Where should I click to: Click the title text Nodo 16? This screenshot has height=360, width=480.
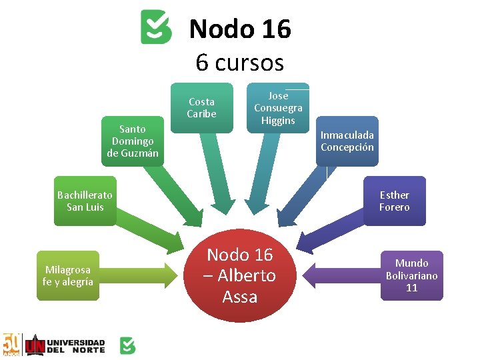point(240,29)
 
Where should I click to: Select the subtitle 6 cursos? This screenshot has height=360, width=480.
point(240,63)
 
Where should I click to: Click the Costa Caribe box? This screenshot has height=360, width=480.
point(201,107)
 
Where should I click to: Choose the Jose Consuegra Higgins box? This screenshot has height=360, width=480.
point(278,108)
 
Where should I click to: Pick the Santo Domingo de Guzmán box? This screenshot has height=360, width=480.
point(133,141)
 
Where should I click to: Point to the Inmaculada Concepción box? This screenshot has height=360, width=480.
point(347,141)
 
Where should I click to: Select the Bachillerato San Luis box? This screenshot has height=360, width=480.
point(85,201)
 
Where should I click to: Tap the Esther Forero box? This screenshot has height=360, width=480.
point(394,201)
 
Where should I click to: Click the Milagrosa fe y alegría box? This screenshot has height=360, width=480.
point(67,275)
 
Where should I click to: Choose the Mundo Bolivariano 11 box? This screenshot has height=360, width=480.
point(411,275)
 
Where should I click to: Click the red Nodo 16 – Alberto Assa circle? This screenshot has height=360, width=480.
point(240,275)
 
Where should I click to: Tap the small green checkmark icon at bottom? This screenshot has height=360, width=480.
point(127,345)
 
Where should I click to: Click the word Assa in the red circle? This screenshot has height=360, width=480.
point(240,297)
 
